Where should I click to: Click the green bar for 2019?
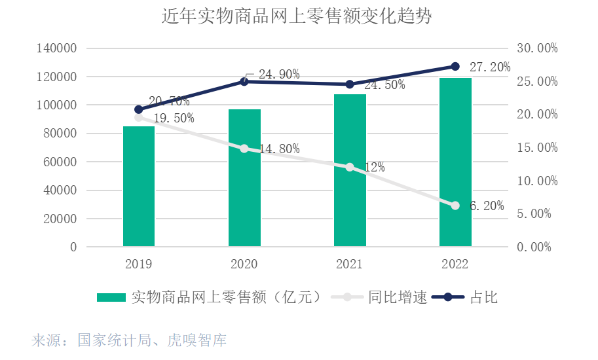point(139,187)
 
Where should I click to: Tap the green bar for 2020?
point(244,178)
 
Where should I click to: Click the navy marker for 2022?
point(455,66)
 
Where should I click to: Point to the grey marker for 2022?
point(455,206)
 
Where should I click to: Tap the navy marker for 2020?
point(244,82)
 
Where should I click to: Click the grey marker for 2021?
point(350,167)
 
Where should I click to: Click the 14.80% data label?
point(279,149)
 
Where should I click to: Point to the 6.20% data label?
point(487,206)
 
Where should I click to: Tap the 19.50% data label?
point(174,118)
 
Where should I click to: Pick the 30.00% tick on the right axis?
point(537,48)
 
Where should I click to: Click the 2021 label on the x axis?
point(350,264)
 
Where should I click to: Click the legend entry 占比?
point(484,298)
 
